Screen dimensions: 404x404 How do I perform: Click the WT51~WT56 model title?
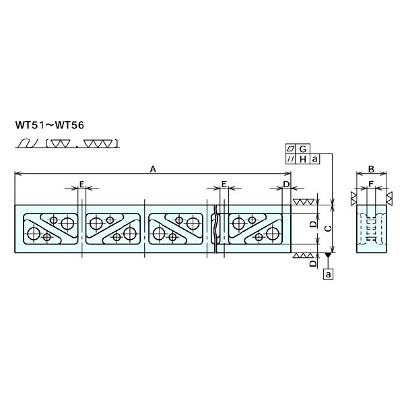coord(50,124)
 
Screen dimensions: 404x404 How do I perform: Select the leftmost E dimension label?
coord(81,184)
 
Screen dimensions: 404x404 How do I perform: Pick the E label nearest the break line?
coord(224,184)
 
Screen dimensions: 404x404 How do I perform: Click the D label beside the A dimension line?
coord(286,184)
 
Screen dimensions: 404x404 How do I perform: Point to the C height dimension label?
coord(328,229)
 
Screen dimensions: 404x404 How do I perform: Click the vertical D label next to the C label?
coord(312,224)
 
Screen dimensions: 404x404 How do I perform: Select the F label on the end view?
coord(371,183)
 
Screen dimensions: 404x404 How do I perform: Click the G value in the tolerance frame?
coord(303,148)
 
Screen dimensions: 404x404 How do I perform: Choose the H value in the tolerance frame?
coord(303,159)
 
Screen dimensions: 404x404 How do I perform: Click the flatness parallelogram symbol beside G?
coord(290,148)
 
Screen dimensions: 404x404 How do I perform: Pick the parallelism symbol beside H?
coord(290,159)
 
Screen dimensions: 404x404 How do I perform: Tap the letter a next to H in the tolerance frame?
coord(314,159)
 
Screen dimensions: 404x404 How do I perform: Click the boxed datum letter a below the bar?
coord(328,274)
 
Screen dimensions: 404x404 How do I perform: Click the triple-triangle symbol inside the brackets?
coord(105,143)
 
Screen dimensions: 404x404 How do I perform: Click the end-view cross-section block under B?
coord(371,229)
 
